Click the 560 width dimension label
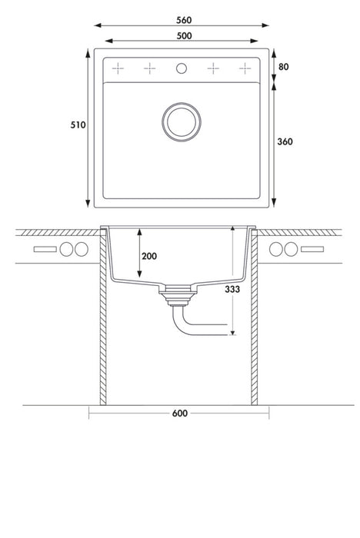click(184, 20)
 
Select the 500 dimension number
click(184, 35)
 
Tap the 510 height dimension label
click(78, 125)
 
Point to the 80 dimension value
click(283, 67)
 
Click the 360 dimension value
click(285, 141)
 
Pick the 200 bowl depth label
click(149, 256)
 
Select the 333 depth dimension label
click(232, 289)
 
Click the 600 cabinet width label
click(180, 413)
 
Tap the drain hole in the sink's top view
click(182, 121)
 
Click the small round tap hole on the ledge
click(182, 68)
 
